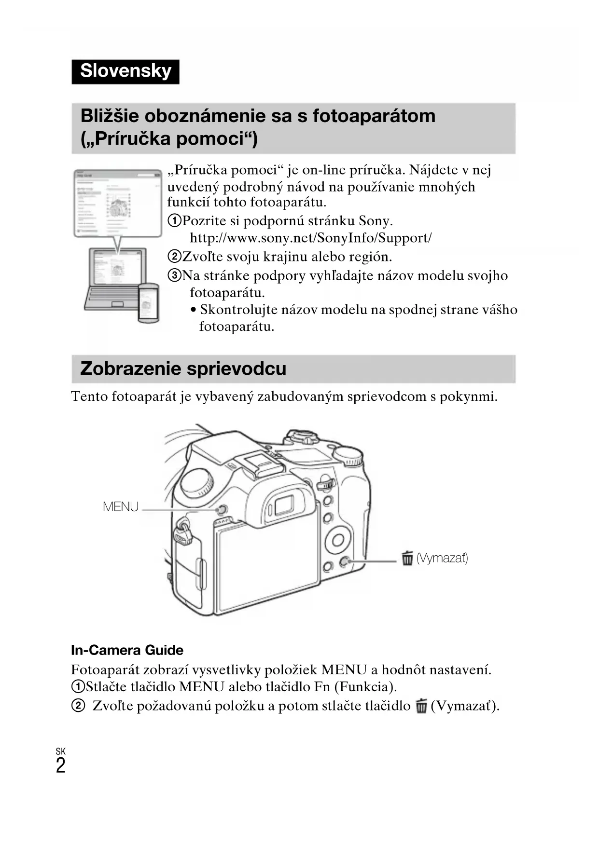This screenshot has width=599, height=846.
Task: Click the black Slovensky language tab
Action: [125, 71]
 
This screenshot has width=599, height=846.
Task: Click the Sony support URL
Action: [310, 238]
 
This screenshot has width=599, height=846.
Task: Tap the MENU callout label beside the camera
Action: [121, 507]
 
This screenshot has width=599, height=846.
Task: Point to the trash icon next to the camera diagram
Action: [407, 558]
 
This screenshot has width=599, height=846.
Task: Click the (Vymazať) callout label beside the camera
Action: [442, 559]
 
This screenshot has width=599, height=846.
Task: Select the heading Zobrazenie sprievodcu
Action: [183, 369]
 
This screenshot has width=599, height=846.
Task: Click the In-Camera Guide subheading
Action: [127, 650]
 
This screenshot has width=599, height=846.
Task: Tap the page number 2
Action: [60, 766]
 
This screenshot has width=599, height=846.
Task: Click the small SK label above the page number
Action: [60, 751]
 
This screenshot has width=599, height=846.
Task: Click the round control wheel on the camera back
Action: [338, 540]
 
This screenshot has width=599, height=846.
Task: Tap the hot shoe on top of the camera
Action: [257, 462]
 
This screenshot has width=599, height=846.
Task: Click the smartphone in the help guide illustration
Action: [148, 303]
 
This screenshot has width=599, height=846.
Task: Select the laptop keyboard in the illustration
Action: [115, 293]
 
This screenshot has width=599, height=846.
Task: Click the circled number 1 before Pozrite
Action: [174, 221]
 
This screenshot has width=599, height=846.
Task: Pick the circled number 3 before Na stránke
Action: [174, 275]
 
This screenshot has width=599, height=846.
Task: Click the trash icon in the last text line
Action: [421, 707]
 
